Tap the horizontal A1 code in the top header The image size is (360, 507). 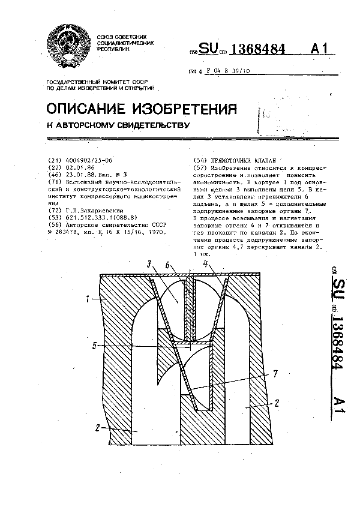coord(322,50)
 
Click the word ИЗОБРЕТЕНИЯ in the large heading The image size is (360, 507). coord(190,109)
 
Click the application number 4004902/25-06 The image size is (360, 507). coord(87,161)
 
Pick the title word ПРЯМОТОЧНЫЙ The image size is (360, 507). coord(227,161)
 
